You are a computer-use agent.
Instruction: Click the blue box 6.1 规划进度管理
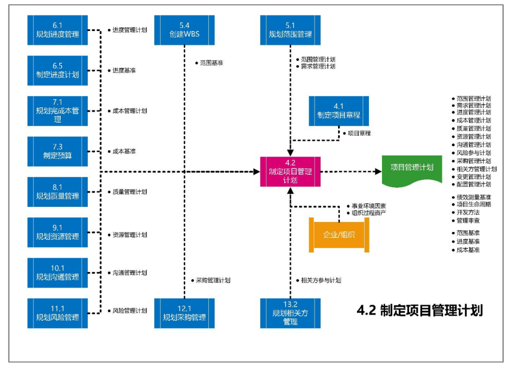pyautogui.click(x=57, y=30)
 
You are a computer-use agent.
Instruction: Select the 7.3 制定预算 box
pyautogui.click(x=57, y=151)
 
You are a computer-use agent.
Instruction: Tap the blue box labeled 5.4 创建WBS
pyautogui.click(x=184, y=30)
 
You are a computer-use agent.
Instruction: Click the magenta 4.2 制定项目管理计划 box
pyautogui.click(x=290, y=172)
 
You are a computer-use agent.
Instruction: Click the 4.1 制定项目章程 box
pyautogui.click(x=339, y=111)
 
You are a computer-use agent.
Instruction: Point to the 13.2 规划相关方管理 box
pyautogui.click(x=290, y=313)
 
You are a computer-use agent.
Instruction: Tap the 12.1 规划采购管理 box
pyautogui.click(x=184, y=313)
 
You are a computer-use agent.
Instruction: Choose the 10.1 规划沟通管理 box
pyautogui.click(x=57, y=273)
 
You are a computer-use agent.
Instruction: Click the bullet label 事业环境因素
pyautogui.click(x=369, y=206)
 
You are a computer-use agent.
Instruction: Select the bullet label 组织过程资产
pyautogui.click(x=369, y=213)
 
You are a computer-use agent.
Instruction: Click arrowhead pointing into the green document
pyautogui.click(x=379, y=172)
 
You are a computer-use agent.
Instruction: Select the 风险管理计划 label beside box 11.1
pyautogui.click(x=130, y=311)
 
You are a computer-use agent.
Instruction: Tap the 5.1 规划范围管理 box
pyautogui.click(x=290, y=30)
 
